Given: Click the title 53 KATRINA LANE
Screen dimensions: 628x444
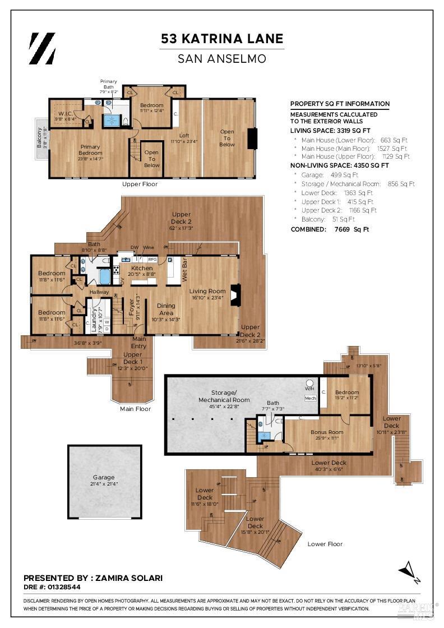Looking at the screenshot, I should point(222,39).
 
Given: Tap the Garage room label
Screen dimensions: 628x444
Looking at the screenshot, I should point(104,477).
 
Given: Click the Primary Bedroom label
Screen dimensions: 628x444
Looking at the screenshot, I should point(90,149).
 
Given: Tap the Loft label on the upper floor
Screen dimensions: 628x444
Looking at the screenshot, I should point(184,135).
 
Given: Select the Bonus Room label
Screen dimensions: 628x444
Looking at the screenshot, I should point(327,432).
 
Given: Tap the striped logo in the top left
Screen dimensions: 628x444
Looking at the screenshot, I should point(42,48).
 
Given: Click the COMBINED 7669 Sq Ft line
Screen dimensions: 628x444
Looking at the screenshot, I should point(330,229).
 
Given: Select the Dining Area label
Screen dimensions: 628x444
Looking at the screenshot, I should point(166,310).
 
